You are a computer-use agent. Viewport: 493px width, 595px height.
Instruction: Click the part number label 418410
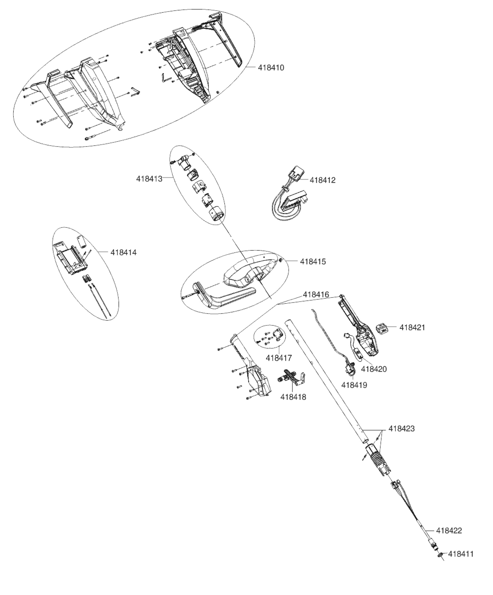click(x=271, y=68)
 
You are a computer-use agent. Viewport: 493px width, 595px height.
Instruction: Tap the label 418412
click(x=323, y=180)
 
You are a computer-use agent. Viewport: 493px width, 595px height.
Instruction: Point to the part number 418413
click(x=149, y=179)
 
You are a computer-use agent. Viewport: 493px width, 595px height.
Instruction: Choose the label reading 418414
click(x=123, y=252)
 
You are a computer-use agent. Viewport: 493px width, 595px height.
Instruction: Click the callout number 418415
click(x=313, y=261)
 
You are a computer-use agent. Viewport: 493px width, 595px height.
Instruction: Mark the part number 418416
click(x=316, y=294)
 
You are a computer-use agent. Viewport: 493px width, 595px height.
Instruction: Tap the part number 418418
click(x=293, y=397)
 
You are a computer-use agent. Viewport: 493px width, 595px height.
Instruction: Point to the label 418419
click(x=354, y=385)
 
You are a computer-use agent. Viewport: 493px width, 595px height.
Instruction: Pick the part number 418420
click(x=374, y=369)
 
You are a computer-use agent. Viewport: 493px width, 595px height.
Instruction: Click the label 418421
click(x=412, y=327)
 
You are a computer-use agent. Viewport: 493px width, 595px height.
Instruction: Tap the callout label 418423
click(x=401, y=428)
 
